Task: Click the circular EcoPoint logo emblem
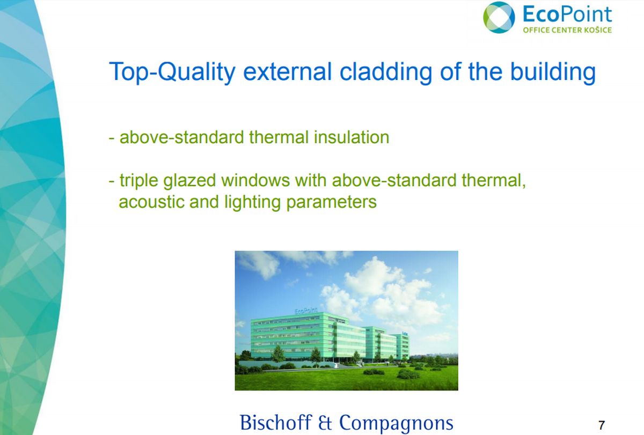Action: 499,17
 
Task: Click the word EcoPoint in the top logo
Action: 567,14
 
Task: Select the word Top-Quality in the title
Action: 172,72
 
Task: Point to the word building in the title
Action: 553,72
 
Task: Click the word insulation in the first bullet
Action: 352,137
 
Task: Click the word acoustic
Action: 151,202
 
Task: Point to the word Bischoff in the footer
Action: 276,422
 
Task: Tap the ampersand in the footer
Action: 325,423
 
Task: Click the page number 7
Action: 602,425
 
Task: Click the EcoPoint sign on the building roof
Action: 306,311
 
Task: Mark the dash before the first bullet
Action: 112,138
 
